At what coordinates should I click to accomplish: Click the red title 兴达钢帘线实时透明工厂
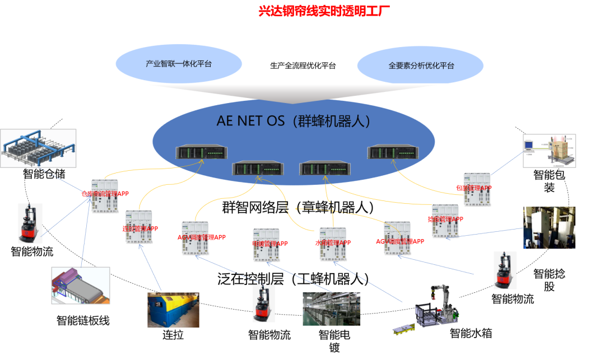coord(324,11)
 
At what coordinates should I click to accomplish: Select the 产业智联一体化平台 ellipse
coord(179,64)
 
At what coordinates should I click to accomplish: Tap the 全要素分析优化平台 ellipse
coord(421,66)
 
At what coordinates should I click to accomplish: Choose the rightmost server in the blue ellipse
coord(392,152)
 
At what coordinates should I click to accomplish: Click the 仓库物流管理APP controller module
coord(105,196)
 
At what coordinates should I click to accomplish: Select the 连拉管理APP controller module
coord(138,227)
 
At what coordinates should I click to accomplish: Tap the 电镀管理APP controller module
coord(266,245)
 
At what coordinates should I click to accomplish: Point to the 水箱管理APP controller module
coord(333,244)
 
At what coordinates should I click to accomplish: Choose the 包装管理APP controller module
coord(477,189)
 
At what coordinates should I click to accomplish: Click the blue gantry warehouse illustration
coord(38,148)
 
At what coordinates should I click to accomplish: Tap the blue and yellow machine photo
coord(173,310)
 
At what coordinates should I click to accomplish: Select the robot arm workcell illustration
coord(436,306)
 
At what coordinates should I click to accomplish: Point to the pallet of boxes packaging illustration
coord(549,151)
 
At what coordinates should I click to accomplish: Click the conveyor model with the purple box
coord(80,285)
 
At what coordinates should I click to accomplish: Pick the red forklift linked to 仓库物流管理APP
coord(30,223)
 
